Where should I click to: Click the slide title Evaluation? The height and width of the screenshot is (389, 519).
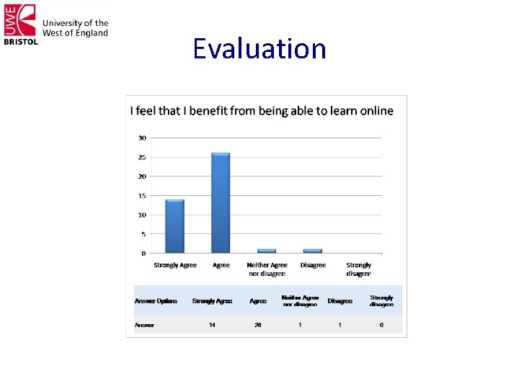(259, 49)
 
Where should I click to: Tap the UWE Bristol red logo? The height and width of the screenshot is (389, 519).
(20, 24)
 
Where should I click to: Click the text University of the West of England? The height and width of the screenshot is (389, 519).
(75, 28)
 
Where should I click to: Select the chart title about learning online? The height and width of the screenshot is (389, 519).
(262, 111)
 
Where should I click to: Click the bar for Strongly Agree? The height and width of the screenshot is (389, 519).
(174, 226)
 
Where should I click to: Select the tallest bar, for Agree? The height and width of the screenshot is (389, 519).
(221, 203)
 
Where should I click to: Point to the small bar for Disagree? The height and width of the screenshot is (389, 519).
(312, 251)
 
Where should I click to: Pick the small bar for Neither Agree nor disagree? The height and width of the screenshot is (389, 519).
(267, 251)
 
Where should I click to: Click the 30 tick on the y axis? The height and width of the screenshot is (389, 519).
(142, 138)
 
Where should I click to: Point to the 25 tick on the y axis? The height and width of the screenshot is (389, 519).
(142, 157)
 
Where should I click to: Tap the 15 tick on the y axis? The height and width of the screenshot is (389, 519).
(142, 196)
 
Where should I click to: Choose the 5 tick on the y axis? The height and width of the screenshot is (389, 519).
(143, 234)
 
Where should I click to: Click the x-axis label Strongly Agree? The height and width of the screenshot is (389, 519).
(175, 265)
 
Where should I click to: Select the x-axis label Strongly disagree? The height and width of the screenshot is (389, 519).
(358, 269)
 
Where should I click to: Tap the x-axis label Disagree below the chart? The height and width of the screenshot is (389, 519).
(313, 265)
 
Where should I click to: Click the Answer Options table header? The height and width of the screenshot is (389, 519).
(156, 301)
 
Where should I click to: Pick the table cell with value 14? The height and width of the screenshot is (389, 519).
(212, 325)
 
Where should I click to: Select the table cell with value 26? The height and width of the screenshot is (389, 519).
(257, 325)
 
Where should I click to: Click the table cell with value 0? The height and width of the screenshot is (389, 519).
(381, 325)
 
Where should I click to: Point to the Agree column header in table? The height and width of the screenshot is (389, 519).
(257, 301)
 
